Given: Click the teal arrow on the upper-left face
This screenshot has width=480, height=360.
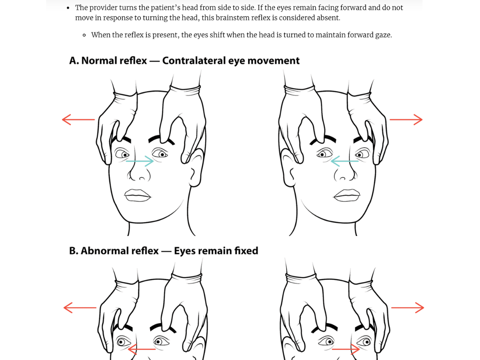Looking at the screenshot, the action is point(140,161).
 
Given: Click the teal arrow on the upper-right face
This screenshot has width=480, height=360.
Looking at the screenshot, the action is point(344,161).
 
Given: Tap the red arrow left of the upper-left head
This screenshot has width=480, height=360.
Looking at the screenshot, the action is point(78,120).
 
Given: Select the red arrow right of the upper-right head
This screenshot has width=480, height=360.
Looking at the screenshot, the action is point(406,120).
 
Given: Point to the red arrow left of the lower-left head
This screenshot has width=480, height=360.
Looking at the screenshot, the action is point(80,308).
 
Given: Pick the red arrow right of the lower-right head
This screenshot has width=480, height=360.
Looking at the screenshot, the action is point(408,308).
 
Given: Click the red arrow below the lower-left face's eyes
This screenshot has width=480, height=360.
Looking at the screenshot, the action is point(142,349).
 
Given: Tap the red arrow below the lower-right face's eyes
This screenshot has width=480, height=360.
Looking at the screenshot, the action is point(346,349).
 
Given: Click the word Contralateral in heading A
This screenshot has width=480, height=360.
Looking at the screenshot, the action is point(194,61).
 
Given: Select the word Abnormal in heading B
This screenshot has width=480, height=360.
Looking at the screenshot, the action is point(120,251).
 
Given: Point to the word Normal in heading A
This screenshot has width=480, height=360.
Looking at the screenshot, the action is point(114,61).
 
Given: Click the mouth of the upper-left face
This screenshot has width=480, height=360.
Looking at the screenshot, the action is point(138,195).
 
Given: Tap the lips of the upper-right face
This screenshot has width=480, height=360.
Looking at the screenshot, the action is point(347,195).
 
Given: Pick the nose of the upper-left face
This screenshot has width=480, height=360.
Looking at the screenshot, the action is point(139,173).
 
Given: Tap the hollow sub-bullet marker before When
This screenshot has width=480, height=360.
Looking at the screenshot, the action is point(84,35).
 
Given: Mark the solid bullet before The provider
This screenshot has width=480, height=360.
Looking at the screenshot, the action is point(68,8).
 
